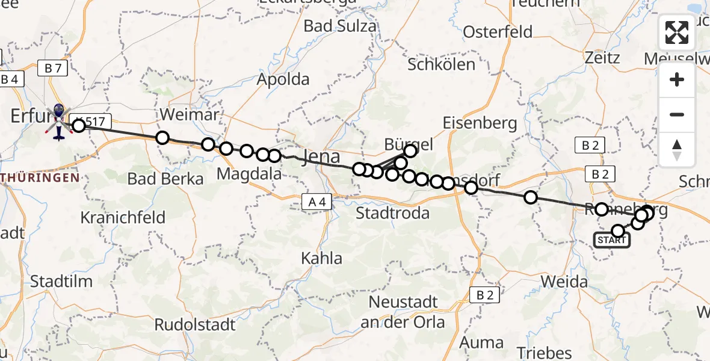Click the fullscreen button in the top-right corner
[x=677, y=32]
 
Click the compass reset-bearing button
[x=677, y=149]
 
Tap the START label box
[x=612, y=241]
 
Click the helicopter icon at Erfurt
[x=59, y=120]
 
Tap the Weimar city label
[x=181, y=114]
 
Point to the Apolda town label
[x=283, y=79]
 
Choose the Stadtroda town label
[x=392, y=214]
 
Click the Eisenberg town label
[x=480, y=123]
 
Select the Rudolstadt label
[x=195, y=325]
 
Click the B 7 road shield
[x=52, y=69]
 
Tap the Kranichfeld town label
[x=123, y=217]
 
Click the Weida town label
[x=564, y=281]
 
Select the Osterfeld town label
[x=498, y=31]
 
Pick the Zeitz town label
[x=602, y=58]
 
